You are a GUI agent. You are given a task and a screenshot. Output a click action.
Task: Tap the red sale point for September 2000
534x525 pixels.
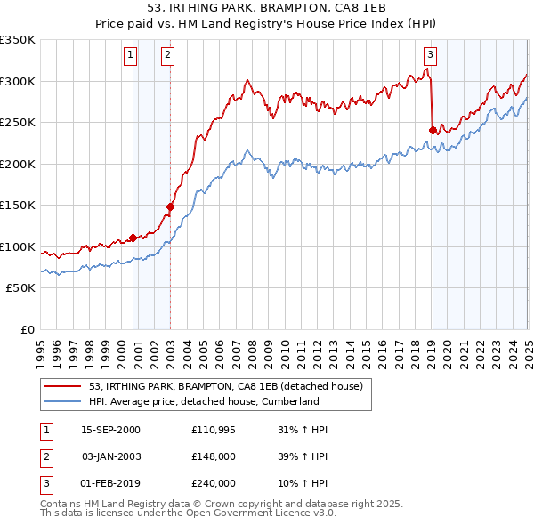click(133, 238)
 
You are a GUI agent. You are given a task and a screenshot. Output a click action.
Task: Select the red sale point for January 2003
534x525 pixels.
click(170, 206)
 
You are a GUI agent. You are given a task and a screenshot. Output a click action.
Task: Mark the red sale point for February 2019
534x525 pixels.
click(433, 130)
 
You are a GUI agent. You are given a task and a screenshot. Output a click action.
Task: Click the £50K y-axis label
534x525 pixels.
click(20, 288)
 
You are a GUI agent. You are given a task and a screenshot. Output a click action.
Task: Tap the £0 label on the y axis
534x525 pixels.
click(28, 329)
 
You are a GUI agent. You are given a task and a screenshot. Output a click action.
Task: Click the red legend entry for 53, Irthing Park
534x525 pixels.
click(226, 387)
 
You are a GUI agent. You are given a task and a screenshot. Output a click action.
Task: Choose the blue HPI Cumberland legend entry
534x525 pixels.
click(204, 401)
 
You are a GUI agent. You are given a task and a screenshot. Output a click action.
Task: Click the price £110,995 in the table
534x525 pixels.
click(214, 430)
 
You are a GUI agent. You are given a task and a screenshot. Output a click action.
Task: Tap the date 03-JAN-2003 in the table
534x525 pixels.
click(110, 456)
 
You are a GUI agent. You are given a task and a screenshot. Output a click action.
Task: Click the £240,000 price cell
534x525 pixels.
click(214, 483)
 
